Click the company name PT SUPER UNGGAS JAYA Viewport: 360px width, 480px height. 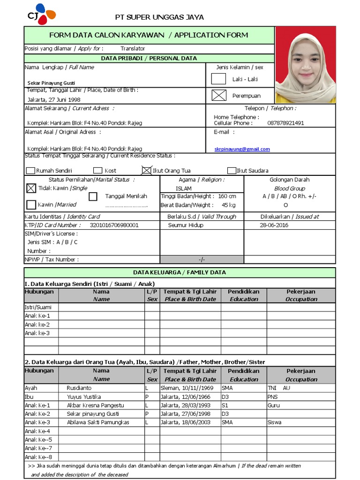pos(159,17)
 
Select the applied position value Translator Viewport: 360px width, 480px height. pos(133,48)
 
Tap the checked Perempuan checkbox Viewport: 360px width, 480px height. pos(218,95)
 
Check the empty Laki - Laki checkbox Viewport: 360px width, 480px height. pos(218,79)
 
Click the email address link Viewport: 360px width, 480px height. pos(242,149)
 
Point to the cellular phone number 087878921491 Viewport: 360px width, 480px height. pos(285,123)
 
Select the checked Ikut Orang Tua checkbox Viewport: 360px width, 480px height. pos(146,171)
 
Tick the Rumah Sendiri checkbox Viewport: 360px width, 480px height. pos(30,171)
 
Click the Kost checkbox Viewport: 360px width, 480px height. pos(97,171)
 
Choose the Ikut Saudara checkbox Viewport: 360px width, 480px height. pos(232,171)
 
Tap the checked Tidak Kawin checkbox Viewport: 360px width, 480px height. pos(31,188)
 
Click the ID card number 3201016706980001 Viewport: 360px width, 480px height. pos(114,225)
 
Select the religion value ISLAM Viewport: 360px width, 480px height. pos(184,188)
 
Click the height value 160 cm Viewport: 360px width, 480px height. pos(227,196)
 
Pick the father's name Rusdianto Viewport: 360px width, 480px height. pos(79,388)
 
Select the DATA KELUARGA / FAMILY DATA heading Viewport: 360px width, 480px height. pos(180,272)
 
